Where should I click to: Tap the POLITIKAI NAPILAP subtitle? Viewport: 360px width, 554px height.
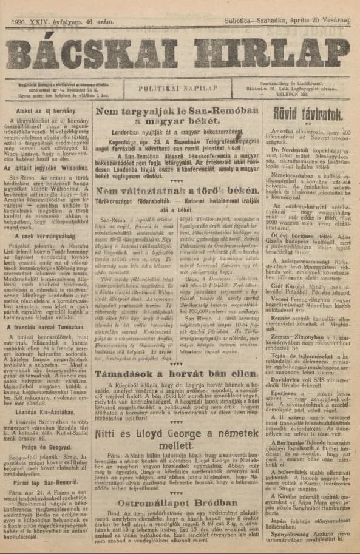coord(179,87)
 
